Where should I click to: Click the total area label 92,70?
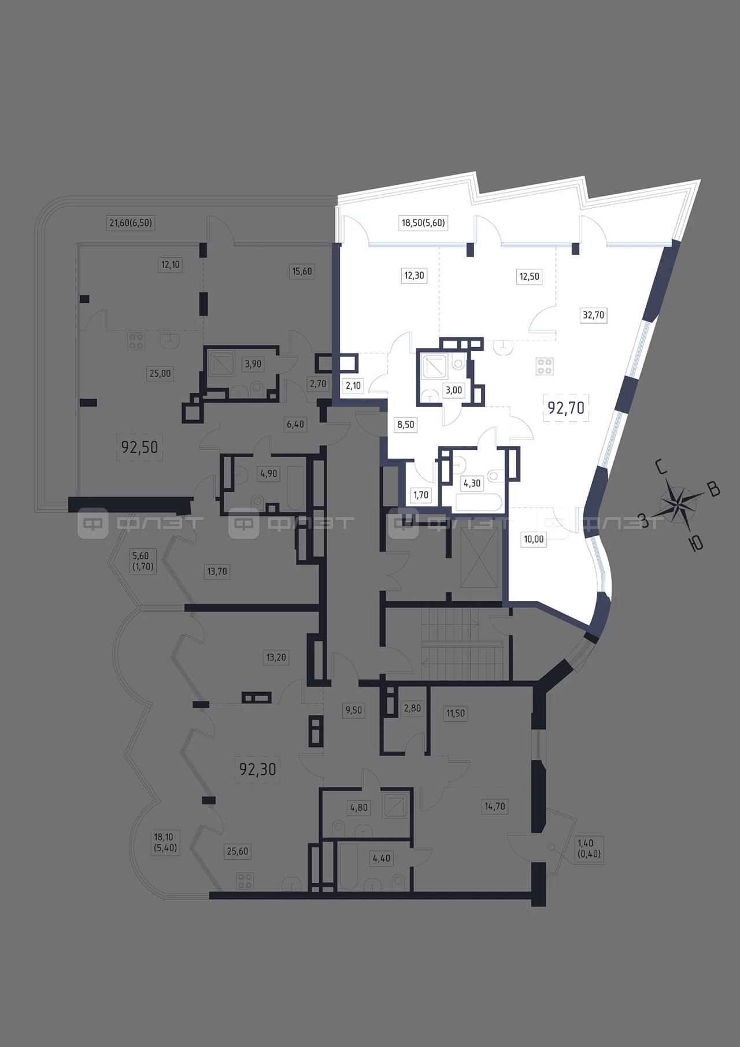click(x=566, y=408)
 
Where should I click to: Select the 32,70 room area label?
click(x=593, y=315)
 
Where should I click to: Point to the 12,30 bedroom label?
click(x=414, y=276)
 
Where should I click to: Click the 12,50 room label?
click(x=529, y=276)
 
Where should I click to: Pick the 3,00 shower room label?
click(x=454, y=390)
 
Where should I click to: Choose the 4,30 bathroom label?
click(x=472, y=483)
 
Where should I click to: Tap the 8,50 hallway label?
click(x=405, y=424)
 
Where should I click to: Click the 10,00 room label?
click(x=534, y=539)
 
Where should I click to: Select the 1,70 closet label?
click(x=421, y=495)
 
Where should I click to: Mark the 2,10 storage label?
click(x=353, y=385)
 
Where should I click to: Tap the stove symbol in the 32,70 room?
click(x=545, y=366)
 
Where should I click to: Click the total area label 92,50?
click(x=139, y=447)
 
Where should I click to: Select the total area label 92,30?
click(x=258, y=769)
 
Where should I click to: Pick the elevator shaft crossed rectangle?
click(x=479, y=557)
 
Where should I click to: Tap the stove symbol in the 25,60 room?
click(x=245, y=881)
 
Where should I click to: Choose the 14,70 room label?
click(x=495, y=807)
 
